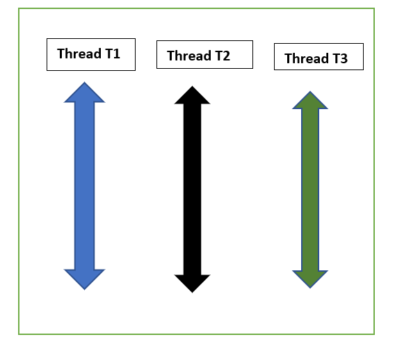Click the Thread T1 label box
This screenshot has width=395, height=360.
coord(90,54)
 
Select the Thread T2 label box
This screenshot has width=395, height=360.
coord(204,55)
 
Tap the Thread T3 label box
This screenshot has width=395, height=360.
coord(319,57)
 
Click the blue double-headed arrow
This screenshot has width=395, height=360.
coord(84,186)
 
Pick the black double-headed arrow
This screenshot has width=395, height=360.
coord(192,189)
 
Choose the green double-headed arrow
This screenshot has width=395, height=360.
coord(310,190)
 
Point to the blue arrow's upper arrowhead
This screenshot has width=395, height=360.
coord(84,94)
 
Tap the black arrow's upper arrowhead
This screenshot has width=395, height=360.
coord(192,97)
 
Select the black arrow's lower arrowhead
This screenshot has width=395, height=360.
coord(192,283)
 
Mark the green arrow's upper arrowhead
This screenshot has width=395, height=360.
coord(310,101)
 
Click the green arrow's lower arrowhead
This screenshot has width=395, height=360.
coord(310,279)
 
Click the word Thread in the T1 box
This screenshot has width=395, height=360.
coord(77,54)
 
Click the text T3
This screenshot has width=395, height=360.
coord(339,58)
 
